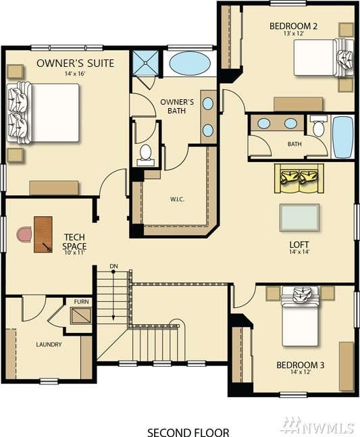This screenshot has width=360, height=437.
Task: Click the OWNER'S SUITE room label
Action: pyautogui.click(x=75, y=63)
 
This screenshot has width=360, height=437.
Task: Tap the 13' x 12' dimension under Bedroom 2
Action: pyautogui.click(x=293, y=34)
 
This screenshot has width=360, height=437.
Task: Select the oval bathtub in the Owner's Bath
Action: pyautogui.click(x=190, y=63)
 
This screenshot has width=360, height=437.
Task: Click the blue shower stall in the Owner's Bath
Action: pyautogui.click(x=145, y=63)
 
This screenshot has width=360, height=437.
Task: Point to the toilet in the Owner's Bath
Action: pyautogui.click(x=145, y=155)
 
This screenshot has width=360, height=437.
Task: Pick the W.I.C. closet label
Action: pyautogui.click(x=177, y=199)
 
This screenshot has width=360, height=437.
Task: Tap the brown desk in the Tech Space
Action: pyautogui.click(x=43, y=234)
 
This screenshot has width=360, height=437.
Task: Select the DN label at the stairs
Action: pyautogui.click(x=113, y=266)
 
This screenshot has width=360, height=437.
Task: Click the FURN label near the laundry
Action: pyautogui.click(x=81, y=301)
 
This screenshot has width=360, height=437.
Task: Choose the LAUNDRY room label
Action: pyautogui.click(x=49, y=344)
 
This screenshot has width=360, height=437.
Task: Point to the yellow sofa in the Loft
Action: pyautogui.click(x=299, y=178)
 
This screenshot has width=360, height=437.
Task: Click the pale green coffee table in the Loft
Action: pyautogui.click(x=299, y=217)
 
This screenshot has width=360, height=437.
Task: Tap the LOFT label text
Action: pyautogui.click(x=299, y=245)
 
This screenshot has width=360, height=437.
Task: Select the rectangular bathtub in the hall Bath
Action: pyautogui.click(x=342, y=137)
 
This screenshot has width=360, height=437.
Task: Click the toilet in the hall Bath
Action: pyautogui.click(x=318, y=126)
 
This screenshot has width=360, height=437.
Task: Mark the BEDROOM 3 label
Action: pyautogui.click(x=301, y=365)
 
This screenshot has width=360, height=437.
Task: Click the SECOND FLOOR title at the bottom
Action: pyautogui.click(x=188, y=432)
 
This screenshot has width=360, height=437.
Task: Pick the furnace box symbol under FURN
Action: pyautogui.click(x=81, y=315)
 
